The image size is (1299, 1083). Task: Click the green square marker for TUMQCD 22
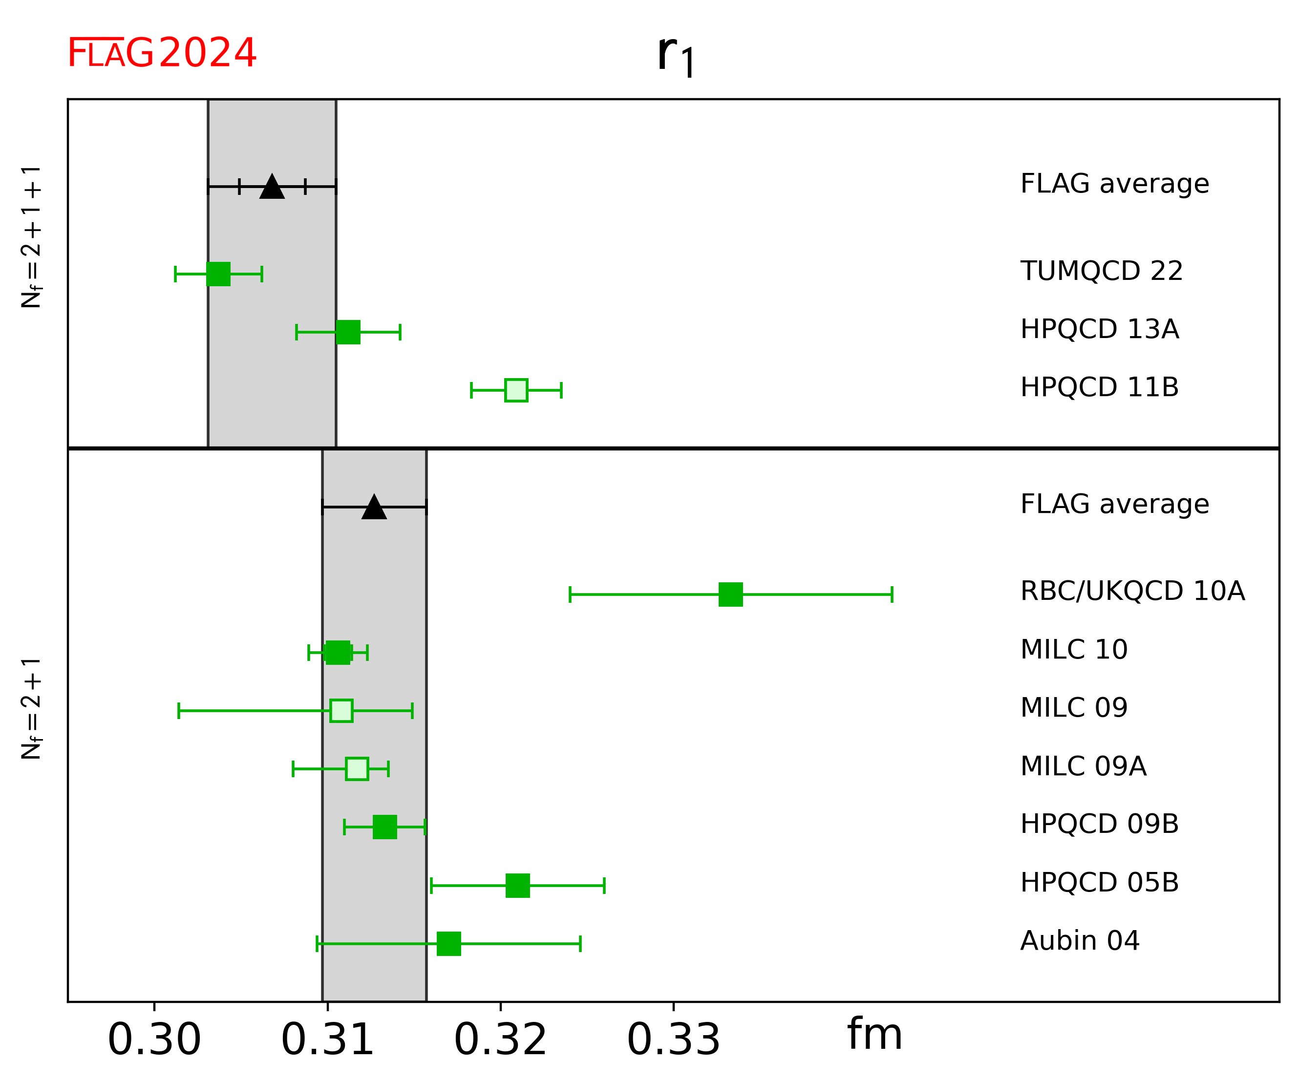tap(218, 274)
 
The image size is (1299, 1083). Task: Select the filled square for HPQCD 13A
tap(348, 332)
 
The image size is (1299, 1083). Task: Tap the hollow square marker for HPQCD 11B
tap(516, 390)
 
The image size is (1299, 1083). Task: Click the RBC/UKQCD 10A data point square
tap(730, 595)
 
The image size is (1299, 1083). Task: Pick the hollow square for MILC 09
tap(341, 711)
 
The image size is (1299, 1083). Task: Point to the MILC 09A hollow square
tap(357, 769)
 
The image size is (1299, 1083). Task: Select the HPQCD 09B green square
tap(385, 827)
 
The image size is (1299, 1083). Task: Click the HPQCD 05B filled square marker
tap(518, 886)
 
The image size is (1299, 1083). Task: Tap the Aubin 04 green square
tap(449, 944)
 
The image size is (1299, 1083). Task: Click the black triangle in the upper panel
tap(272, 187)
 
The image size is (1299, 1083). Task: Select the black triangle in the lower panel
tap(374, 508)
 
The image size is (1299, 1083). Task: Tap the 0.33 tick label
tap(674, 1040)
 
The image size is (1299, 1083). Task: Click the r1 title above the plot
tap(676, 56)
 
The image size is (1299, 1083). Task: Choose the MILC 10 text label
tap(1074, 649)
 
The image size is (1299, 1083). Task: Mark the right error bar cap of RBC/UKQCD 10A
tap(892, 595)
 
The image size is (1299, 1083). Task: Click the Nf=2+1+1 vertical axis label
tap(31, 236)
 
